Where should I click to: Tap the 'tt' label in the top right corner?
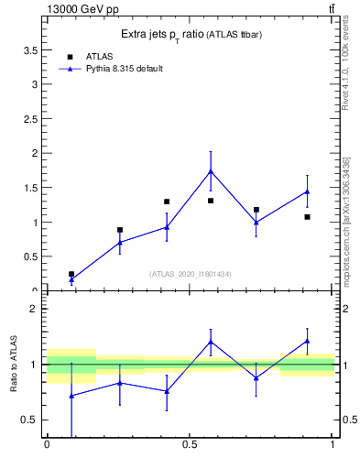coord(331,9)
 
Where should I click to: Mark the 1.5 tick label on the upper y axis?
coord(32,188)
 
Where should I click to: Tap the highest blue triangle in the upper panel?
coord(211,171)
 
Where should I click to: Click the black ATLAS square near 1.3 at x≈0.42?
coord(167,202)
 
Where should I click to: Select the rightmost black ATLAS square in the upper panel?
coord(307,217)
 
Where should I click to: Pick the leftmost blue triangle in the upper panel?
coord(71,279)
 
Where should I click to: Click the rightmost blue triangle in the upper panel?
coord(307,191)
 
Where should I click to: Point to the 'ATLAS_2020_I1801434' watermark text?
coord(190,274)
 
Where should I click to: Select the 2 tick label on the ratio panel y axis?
coord(35,309)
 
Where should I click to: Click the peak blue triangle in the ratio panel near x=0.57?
coord(211,342)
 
